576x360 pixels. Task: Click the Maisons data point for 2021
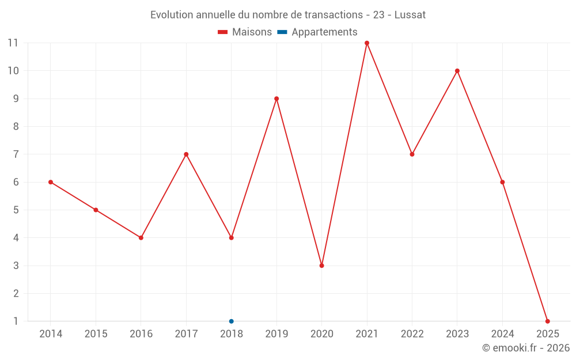(x=367, y=43)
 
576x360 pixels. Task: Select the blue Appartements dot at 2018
(x=232, y=321)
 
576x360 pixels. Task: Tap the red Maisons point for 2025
(x=548, y=321)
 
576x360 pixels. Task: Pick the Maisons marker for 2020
(x=322, y=266)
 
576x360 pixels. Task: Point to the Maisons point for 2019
(x=276, y=98)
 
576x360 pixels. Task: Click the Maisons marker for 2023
(x=457, y=71)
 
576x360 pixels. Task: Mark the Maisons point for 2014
(x=51, y=182)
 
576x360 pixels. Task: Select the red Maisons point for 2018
(x=232, y=238)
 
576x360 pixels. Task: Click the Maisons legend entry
(x=245, y=32)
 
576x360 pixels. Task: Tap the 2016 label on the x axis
(x=141, y=334)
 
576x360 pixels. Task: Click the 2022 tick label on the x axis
(x=412, y=334)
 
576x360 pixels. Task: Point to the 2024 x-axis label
(x=502, y=334)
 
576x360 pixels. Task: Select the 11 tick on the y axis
(x=13, y=43)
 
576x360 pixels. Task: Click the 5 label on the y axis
(x=16, y=210)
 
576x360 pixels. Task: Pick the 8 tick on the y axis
(x=16, y=127)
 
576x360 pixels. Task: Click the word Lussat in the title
(x=410, y=15)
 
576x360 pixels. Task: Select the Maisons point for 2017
(x=186, y=154)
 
